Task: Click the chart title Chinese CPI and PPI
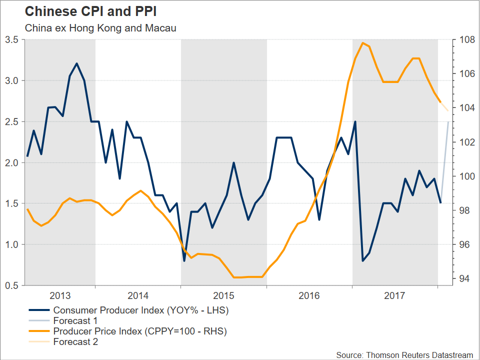[87, 11]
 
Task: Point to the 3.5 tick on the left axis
[12, 39]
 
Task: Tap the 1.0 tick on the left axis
[12, 244]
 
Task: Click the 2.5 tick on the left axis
[12, 121]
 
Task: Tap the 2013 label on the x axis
[60, 295]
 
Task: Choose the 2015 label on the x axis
[223, 295]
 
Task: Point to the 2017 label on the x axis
[395, 295]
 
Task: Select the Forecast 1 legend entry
[75, 321]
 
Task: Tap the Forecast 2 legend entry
[75, 342]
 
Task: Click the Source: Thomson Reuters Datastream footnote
[404, 354]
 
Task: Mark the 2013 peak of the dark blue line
[76, 63]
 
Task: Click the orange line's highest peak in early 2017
[363, 43]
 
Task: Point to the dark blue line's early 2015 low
[184, 260]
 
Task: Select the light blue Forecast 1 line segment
[444, 160]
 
